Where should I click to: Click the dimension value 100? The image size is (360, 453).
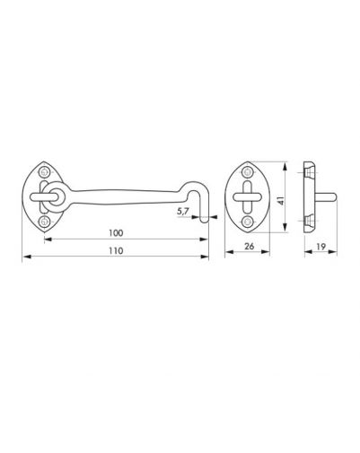click(x=116, y=233)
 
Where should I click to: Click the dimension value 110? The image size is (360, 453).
click(x=116, y=250)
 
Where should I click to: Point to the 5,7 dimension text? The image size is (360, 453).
click(x=182, y=212)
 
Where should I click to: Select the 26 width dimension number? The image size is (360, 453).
click(x=249, y=246)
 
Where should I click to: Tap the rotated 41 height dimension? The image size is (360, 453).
click(x=281, y=200)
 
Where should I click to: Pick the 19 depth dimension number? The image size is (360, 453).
click(x=320, y=247)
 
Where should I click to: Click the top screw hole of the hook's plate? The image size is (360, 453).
click(x=44, y=172)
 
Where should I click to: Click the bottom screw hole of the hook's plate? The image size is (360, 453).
click(x=44, y=222)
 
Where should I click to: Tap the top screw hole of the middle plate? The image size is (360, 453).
click(x=247, y=172)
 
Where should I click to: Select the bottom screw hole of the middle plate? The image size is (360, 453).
click(x=247, y=222)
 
